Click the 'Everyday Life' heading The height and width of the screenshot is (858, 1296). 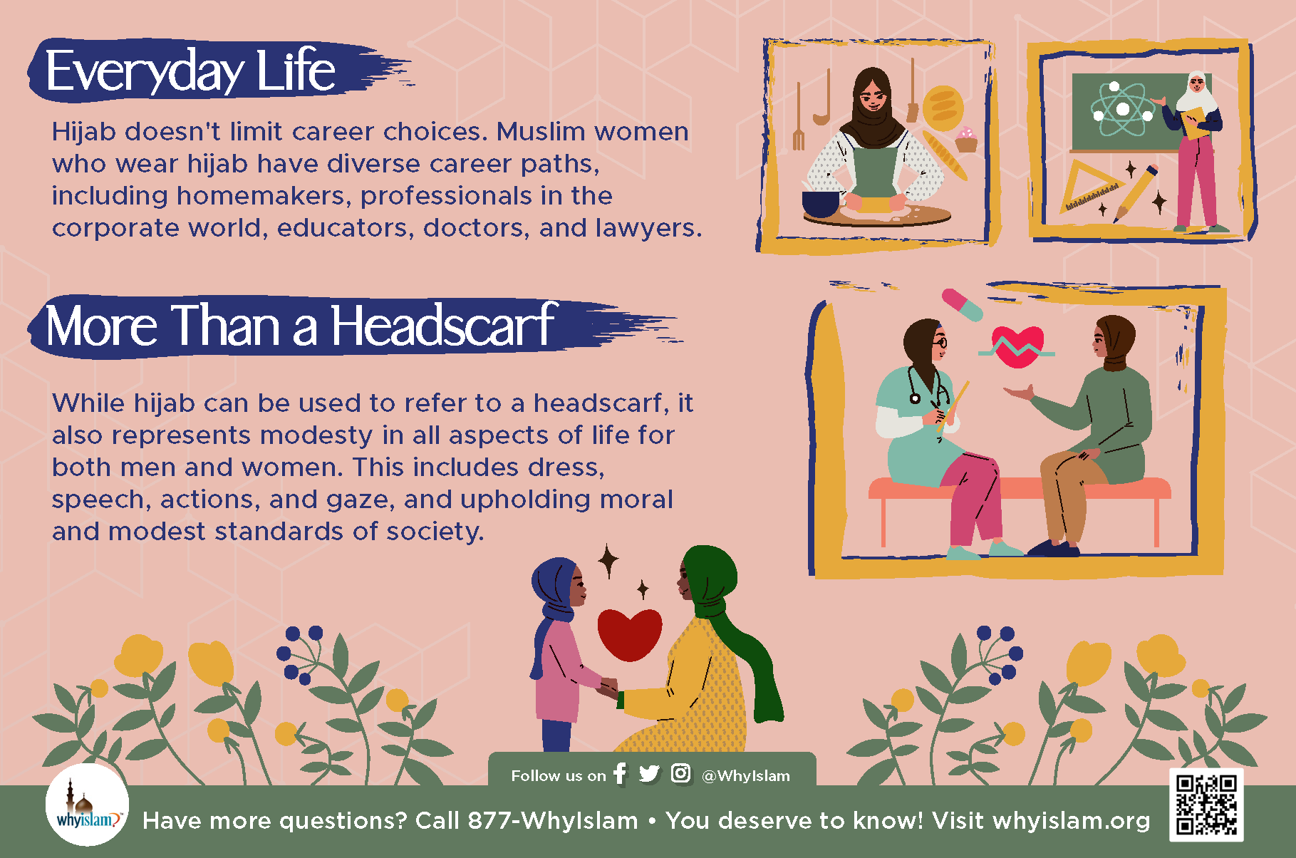[x=190, y=71]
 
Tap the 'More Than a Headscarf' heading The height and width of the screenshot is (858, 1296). [x=300, y=326]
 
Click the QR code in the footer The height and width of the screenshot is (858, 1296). [x=1206, y=805]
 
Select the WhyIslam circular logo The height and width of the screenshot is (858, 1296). [x=87, y=805]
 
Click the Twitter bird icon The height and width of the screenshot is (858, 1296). [x=649, y=774]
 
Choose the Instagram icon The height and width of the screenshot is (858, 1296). [x=680, y=773]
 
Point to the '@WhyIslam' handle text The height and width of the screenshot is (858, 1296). [x=746, y=775]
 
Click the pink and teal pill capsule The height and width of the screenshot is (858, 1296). [x=962, y=304]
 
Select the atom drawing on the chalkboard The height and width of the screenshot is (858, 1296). [x=1122, y=109]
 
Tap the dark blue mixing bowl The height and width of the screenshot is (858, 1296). [x=821, y=203]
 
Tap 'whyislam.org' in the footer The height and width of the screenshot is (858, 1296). [x=1071, y=821]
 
